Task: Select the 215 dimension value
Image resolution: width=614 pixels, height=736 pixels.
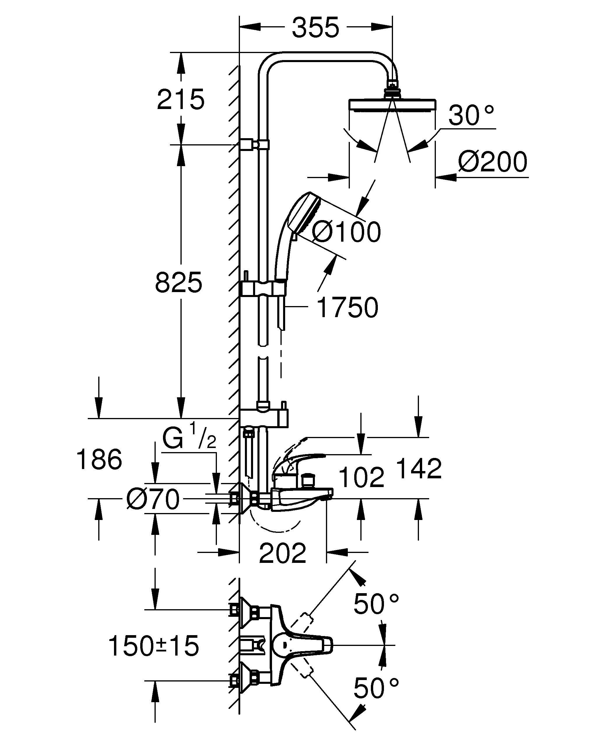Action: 180,99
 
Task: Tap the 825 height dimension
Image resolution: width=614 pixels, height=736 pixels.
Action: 179,282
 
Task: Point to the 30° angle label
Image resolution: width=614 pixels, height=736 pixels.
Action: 471,115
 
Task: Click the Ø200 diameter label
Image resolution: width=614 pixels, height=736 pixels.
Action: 492,162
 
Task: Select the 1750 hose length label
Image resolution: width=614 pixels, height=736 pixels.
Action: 347,307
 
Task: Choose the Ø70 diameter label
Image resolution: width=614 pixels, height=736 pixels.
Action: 153,499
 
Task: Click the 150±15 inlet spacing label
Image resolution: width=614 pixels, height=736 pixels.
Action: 154,646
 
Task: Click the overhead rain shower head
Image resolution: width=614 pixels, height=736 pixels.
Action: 392,106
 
